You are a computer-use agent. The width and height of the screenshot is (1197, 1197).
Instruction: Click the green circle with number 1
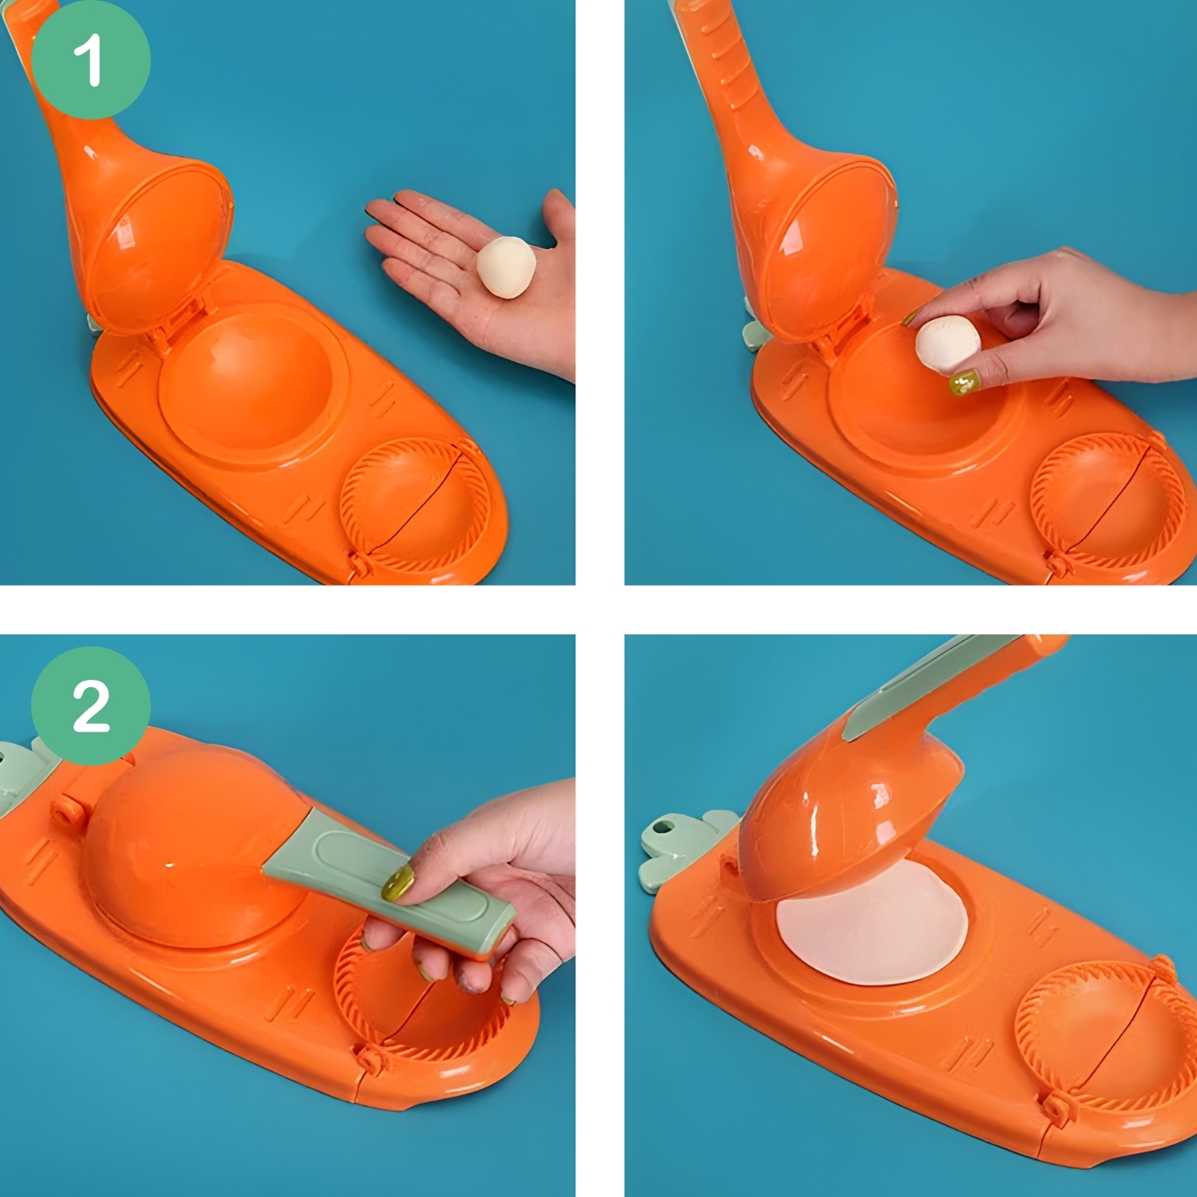tap(90, 60)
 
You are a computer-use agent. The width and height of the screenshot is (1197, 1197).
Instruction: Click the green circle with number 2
tap(90, 706)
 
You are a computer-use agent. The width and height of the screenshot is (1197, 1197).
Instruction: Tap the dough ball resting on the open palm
tap(506, 267)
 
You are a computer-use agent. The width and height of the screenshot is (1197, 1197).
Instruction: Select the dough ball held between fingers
tap(947, 343)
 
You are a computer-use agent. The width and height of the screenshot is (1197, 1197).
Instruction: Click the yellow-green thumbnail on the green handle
tap(397, 883)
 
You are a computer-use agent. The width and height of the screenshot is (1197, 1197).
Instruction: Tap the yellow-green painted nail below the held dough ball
tap(965, 383)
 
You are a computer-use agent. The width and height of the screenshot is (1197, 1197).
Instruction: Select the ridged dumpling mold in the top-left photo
tap(415, 506)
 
